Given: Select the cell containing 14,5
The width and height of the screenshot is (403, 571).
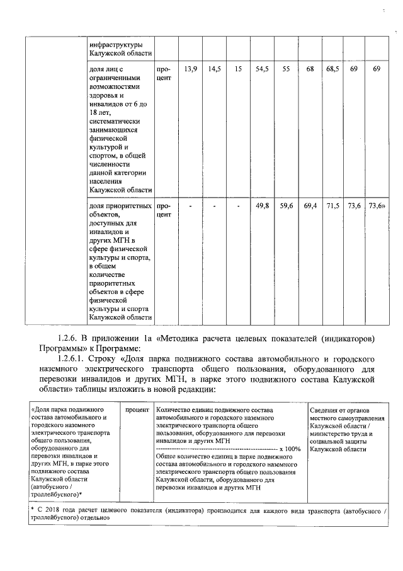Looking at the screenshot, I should pos(214,68).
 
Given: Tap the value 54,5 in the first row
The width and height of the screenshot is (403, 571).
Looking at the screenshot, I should pos(262,68).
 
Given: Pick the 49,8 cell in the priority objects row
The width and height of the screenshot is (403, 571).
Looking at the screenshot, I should pos(262,206).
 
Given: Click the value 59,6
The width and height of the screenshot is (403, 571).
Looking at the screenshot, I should pos(287,206).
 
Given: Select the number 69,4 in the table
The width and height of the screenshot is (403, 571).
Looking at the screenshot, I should pos(310,206).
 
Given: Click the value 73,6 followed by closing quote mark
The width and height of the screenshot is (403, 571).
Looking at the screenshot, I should pos(377,206).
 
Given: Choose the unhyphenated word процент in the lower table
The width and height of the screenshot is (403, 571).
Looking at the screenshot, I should pos(136,410).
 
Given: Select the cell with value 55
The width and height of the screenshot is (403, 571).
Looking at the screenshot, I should pos(287,68).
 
